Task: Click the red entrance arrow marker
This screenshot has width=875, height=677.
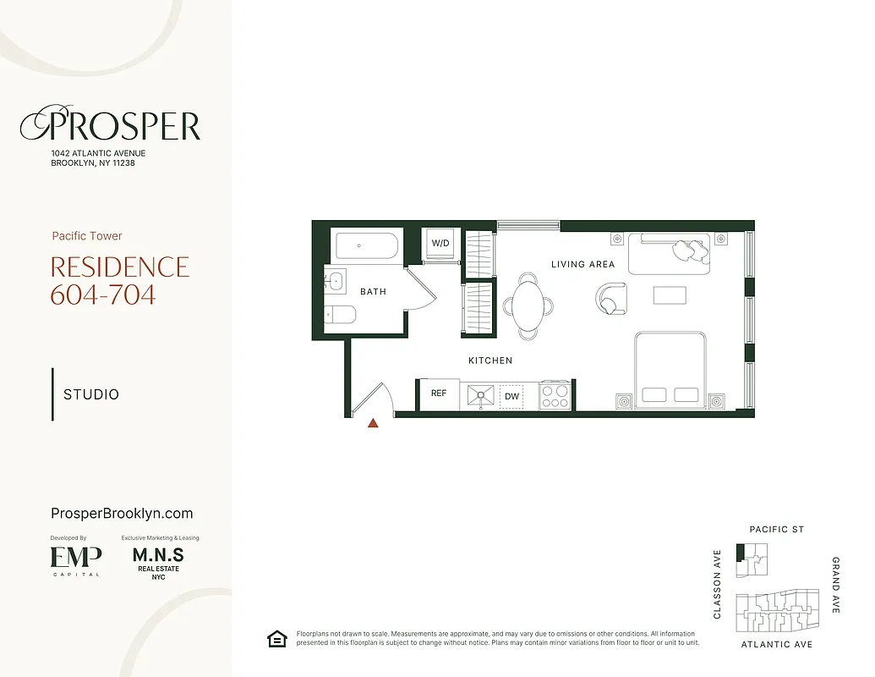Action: pos(373,423)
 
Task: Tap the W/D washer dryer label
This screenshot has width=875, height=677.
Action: pos(440,243)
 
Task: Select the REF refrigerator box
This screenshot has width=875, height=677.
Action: pos(439,394)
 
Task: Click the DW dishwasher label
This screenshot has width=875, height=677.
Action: pos(512,396)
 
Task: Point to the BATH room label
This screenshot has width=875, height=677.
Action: pos(373,292)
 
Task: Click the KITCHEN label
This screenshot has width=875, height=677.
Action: pos(490,361)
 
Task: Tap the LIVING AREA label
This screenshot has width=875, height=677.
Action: pos(582,264)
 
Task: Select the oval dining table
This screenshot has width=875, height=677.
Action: pos(528,305)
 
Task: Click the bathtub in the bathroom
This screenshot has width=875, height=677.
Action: pos(366,245)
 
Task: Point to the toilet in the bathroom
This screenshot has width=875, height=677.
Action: pos(340,315)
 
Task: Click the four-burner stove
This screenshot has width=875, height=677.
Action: pos(555,395)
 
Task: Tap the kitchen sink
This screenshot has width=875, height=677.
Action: pos(480,395)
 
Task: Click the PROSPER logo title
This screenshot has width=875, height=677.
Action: pos(111,126)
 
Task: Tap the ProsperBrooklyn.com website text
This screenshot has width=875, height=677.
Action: pos(122,514)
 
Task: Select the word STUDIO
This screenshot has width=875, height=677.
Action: pos(91,394)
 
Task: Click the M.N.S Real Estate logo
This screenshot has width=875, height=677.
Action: pos(158,561)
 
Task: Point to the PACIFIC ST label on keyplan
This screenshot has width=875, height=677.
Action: pos(777,530)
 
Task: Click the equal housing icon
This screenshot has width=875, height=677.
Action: pos(276,639)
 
